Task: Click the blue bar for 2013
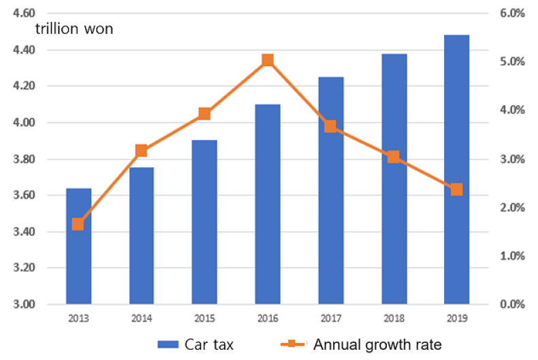pos(78,246)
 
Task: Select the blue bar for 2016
pos(268,204)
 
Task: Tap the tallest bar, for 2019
pos(457,169)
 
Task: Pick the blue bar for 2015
pos(204,222)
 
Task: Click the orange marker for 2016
pos(268,60)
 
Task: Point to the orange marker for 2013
pos(78,224)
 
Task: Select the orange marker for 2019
pos(457,189)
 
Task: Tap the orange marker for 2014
pos(141,150)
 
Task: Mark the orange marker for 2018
pos(394,157)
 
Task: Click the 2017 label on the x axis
pos(331,318)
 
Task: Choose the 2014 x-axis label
pos(142,318)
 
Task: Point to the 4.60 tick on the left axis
pos(24,13)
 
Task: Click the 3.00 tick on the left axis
pos(24,304)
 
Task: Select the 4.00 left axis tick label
pos(24,122)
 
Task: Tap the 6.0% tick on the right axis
pos(512,13)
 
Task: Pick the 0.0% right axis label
pos(512,304)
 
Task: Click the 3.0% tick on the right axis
pos(512,159)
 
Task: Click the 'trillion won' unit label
pos(74,29)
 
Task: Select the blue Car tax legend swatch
pos(168,344)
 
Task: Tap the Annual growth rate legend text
pos(377,345)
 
